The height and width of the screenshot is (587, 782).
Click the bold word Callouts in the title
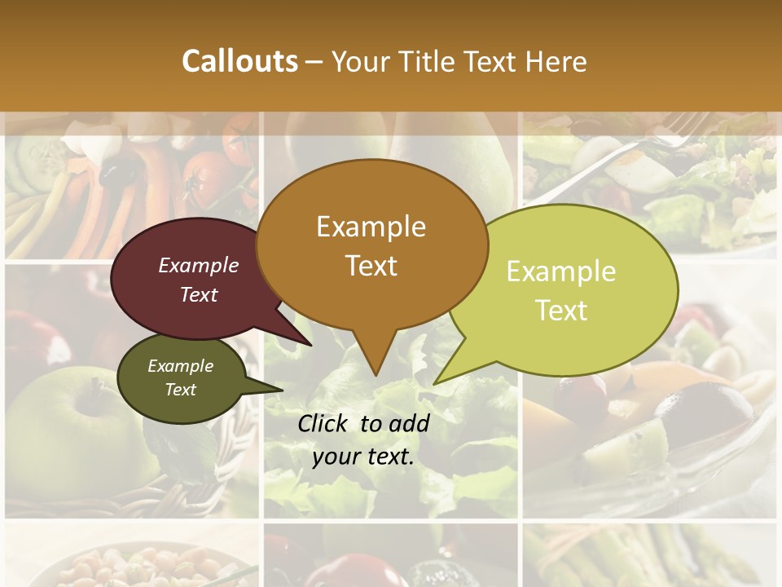point(239,61)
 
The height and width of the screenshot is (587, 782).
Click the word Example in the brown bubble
point(371,227)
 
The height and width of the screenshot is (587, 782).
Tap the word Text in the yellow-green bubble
point(561,311)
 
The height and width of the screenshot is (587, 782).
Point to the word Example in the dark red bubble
point(198,266)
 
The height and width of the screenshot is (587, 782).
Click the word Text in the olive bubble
point(180,390)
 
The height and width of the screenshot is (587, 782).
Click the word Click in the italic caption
point(324,423)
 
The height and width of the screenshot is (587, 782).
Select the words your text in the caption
point(363,457)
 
